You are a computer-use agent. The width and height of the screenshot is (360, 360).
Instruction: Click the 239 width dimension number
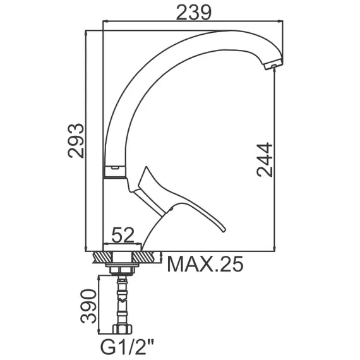pyautogui.click(x=193, y=13)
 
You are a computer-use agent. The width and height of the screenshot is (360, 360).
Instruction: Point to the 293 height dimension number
pyautogui.click(x=76, y=141)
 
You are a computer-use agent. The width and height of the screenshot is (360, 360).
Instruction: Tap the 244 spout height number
pyautogui.click(x=265, y=160)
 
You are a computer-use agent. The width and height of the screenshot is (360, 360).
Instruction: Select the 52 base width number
pyautogui.click(x=123, y=235)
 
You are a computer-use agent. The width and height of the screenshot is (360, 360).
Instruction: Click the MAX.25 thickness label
pyautogui.click(x=205, y=264)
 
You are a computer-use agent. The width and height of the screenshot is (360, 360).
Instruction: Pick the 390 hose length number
pyautogui.click(x=88, y=306)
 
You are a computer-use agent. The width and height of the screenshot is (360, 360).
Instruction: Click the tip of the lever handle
pyautogui.click(x=224, y=230)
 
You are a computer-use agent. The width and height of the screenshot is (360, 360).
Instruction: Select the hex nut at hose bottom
pyautogui.click(x=122, y=329)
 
